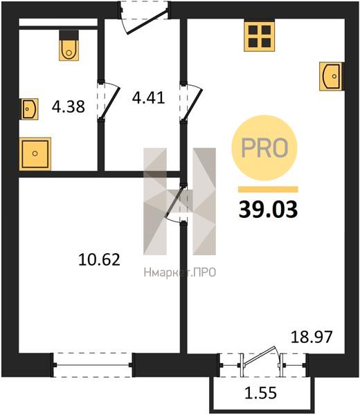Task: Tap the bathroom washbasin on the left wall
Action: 29,109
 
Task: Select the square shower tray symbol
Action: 35,154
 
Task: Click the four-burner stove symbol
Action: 260,37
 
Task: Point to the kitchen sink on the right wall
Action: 332,76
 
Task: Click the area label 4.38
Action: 69,107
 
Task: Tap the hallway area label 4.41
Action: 148,98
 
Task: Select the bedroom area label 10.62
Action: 99,259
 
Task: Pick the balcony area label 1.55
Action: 261,392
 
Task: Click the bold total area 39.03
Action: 268,210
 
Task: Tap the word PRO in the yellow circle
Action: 264,148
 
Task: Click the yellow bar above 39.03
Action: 268,190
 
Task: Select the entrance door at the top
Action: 144,19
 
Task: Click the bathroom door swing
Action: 108,101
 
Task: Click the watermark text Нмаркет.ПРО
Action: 180,273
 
